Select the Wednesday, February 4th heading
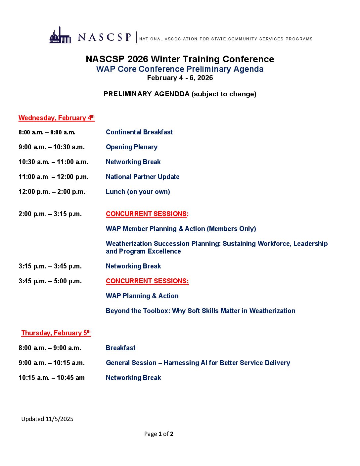(57, 118)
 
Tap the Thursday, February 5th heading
(56, 333)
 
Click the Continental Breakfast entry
(139, 132)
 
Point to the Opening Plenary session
(132, 147)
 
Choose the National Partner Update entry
(143, 177)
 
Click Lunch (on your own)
(138, 192)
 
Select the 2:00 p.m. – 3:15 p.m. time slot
(50, 214)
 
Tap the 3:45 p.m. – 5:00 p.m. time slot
(50, 281)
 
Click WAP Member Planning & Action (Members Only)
(181, 229)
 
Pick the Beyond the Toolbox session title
(201, 311)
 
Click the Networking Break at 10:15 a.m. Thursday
(133, 378)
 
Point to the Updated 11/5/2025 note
(47, 419)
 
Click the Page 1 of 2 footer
(159, 434)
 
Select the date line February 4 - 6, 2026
(180, 78)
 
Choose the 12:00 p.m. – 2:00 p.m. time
(52, 192)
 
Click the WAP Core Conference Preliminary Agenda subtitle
(180, 69)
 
